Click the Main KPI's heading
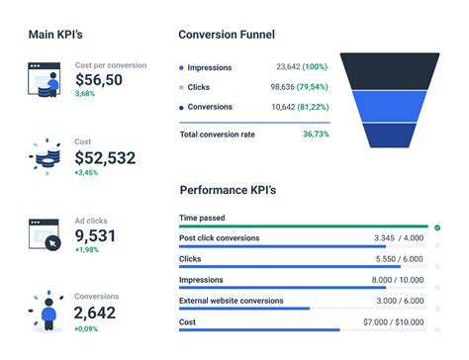click(55, 34)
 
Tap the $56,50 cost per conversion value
click(99, 80)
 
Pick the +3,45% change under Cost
click(88, 172)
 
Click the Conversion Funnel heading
click(226, 34)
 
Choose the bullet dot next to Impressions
click(181, 68)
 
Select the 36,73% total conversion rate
click(316, 134)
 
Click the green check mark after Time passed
click(437, 227)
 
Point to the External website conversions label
click(231, 301)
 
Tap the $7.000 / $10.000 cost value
click(394, 322)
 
